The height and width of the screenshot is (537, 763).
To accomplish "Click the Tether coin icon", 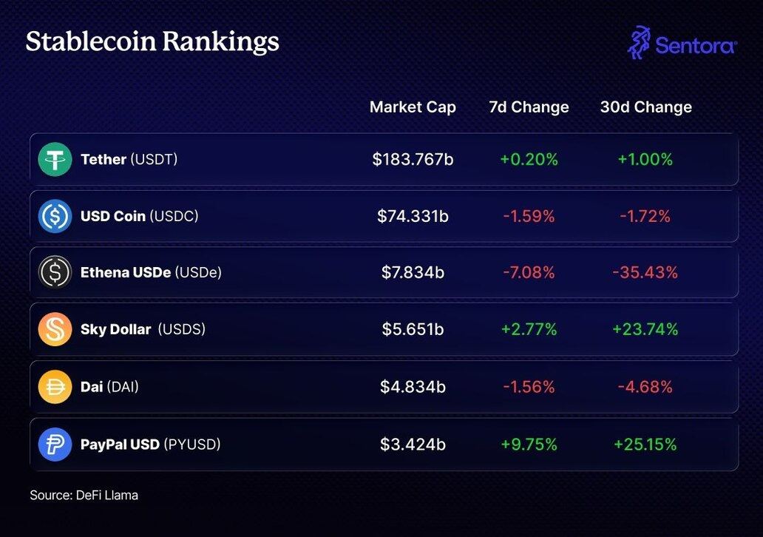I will coord(55,159).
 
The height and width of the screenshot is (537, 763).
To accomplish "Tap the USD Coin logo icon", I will coord(55,216).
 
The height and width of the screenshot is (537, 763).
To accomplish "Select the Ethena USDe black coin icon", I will coord(55,272).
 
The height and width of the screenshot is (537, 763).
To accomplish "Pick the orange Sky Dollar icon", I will coord(55,329).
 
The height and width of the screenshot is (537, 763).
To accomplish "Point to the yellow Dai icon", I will coord(55,386).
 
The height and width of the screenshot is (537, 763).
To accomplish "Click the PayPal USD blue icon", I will coord(55,444).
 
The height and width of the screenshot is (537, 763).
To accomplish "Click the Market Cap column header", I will coord(413,107).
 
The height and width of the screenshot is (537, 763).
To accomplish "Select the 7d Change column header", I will coord(529,107).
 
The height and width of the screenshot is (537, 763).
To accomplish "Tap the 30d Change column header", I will coord(645,107).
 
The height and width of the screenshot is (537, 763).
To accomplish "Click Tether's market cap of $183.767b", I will coord(413,159).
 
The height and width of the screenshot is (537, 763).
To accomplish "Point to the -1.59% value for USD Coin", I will coord(529,216).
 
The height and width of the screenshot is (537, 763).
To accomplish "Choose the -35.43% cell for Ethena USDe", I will coord(645,272).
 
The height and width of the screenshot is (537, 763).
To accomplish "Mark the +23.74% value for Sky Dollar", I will coord(645,329).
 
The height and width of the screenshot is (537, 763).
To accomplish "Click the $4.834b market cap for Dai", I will coord(413,386).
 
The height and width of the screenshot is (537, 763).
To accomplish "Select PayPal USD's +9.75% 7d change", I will coord(529,444).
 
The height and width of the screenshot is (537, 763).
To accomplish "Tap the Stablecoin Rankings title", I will coord(152,41).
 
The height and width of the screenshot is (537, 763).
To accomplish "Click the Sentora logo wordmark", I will coord(695,46).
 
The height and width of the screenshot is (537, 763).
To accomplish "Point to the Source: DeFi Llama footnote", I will coord(84,495).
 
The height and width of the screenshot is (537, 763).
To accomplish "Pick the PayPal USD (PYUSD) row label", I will coord(150,444).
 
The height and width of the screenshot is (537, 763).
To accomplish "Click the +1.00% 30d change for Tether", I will coord(645,159).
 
